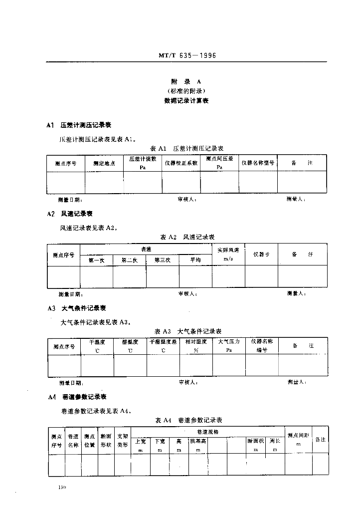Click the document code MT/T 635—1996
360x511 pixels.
187,56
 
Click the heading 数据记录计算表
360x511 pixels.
186,100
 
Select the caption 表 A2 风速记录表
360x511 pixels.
187,237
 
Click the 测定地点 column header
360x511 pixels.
104,164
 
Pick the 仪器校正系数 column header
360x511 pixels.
181,163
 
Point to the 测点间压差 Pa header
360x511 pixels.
219,163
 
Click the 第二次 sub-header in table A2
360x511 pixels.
129,260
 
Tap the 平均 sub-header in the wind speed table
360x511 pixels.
195,260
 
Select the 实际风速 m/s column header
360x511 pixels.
228,254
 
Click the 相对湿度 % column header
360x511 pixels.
195,345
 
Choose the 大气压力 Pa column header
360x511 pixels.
229,345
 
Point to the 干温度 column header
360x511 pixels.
97,345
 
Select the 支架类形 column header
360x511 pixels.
123,440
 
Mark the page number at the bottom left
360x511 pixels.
62,486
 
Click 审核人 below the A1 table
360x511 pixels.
187,199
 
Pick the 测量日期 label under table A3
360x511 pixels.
70,383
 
